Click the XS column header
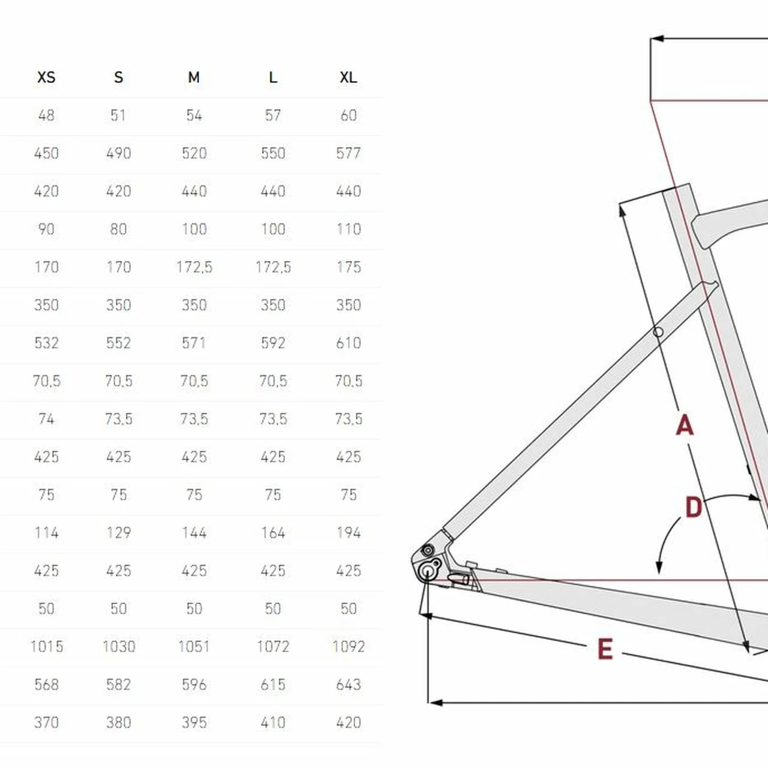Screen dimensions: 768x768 tap(46, 77)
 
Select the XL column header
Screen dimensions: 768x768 tap(349, 77)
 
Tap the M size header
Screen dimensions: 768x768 tap(194, 77)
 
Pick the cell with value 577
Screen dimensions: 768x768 tap(349, 153)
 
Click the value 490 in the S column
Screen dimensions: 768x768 tap(118, 153)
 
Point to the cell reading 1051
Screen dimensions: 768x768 tap(194, 646)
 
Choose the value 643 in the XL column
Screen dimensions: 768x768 tap(349, 685)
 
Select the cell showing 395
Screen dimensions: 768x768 tap(194, 722)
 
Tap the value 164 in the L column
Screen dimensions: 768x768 tap(273, 532)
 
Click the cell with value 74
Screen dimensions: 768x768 tap(46, 418)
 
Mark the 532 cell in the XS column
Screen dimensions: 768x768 tap(46, 343)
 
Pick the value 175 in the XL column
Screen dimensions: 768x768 tap(349, 266)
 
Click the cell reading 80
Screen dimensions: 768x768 tap(118, 229)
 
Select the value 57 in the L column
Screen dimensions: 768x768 tap(273, 115)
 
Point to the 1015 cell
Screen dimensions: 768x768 tap(46, 646)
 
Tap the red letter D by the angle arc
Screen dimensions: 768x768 tap(694, 507)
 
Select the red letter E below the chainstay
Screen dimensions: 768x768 tap(605, 649)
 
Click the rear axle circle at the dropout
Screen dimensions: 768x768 tap(427, 572)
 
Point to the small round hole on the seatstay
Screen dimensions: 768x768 tap(658, 332)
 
